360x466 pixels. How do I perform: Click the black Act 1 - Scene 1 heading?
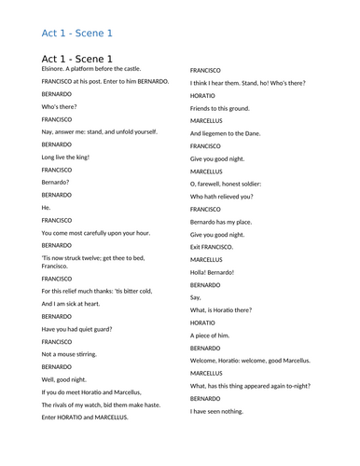pyautogui.click(x=84, y=59)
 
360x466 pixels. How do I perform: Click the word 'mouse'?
pyautogui.click(x=69, y=355)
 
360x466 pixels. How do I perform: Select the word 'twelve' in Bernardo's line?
pyautogui.click(x=101, y=258)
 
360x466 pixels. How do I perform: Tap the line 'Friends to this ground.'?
pyautogui.click(x=220, y=108)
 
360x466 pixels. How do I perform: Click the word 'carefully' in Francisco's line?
pyautogui.click(x=102, y=233)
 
